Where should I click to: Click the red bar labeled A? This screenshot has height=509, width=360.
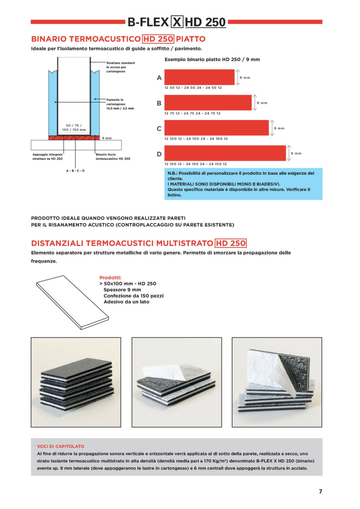[199, 77]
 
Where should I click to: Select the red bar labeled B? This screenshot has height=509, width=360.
[208, 103]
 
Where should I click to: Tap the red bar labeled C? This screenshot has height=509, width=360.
[217, 128]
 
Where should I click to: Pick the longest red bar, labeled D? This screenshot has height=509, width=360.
[225, 153]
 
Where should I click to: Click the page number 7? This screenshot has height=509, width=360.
[320, 491]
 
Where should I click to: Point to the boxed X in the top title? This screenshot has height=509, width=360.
[177, 22]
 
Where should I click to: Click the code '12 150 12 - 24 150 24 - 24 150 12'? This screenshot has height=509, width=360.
[195, 164]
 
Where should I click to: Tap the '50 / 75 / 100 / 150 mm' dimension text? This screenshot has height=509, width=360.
[74, 128]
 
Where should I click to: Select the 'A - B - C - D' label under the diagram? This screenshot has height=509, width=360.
[76, 171]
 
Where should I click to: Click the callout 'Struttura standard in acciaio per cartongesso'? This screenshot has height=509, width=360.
[120, 67]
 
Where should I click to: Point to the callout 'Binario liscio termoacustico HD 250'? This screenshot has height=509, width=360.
[113, 156]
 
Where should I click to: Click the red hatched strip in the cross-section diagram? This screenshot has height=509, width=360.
[74, 138]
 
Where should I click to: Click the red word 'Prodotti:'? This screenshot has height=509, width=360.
[110, 278]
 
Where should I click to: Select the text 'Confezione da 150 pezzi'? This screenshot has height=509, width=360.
[134, 296]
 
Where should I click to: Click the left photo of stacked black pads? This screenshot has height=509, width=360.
[76, 382]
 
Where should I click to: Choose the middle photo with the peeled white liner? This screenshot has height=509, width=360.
[176, 382]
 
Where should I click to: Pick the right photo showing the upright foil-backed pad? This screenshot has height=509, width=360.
[277, 382]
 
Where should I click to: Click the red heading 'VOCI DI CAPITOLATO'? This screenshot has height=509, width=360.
[60, 446]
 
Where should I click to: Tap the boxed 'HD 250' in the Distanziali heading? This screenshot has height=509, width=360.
[231, 243]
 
